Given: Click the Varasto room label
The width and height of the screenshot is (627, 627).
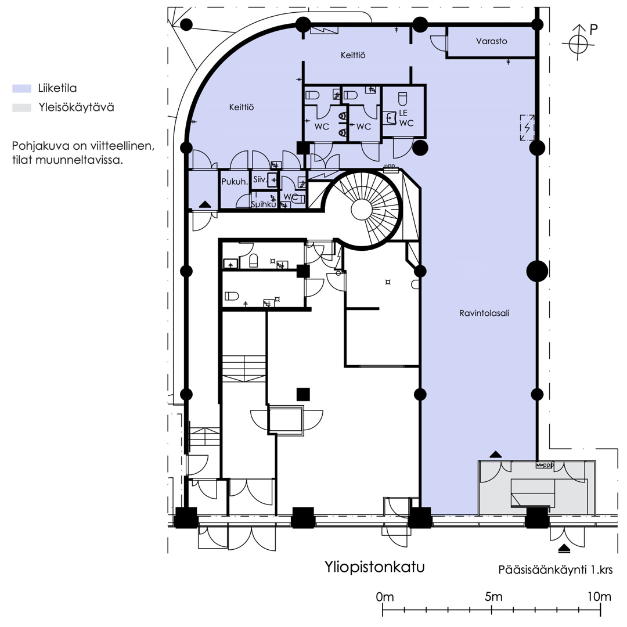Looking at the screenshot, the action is point(492,41).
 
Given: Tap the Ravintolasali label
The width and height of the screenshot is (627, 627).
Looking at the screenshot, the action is point(484,313).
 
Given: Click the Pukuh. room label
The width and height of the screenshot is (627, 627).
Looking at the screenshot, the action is point(235,182).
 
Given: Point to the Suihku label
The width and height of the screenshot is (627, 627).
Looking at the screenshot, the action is point(264,204).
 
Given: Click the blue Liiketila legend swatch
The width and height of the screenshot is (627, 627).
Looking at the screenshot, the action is point(21,88).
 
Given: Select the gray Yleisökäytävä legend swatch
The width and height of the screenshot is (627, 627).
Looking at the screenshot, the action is point(21,107).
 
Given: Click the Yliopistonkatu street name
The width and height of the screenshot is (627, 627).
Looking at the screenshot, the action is point(374,567).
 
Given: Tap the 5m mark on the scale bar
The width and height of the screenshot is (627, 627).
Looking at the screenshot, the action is point(492,610).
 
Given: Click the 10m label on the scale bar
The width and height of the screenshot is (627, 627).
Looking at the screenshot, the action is point(599,597).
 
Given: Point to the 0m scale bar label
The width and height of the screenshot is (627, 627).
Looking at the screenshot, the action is point(385,597).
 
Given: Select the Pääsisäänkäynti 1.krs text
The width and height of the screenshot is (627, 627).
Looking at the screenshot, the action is point(556,570).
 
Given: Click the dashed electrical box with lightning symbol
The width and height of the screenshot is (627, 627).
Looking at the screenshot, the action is point(527,128).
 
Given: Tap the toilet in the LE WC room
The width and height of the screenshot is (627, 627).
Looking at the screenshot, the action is point(403,98).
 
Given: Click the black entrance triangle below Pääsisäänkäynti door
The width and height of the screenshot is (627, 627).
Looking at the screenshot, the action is point(564,548).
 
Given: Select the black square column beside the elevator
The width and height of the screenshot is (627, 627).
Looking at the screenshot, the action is point(303,394).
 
